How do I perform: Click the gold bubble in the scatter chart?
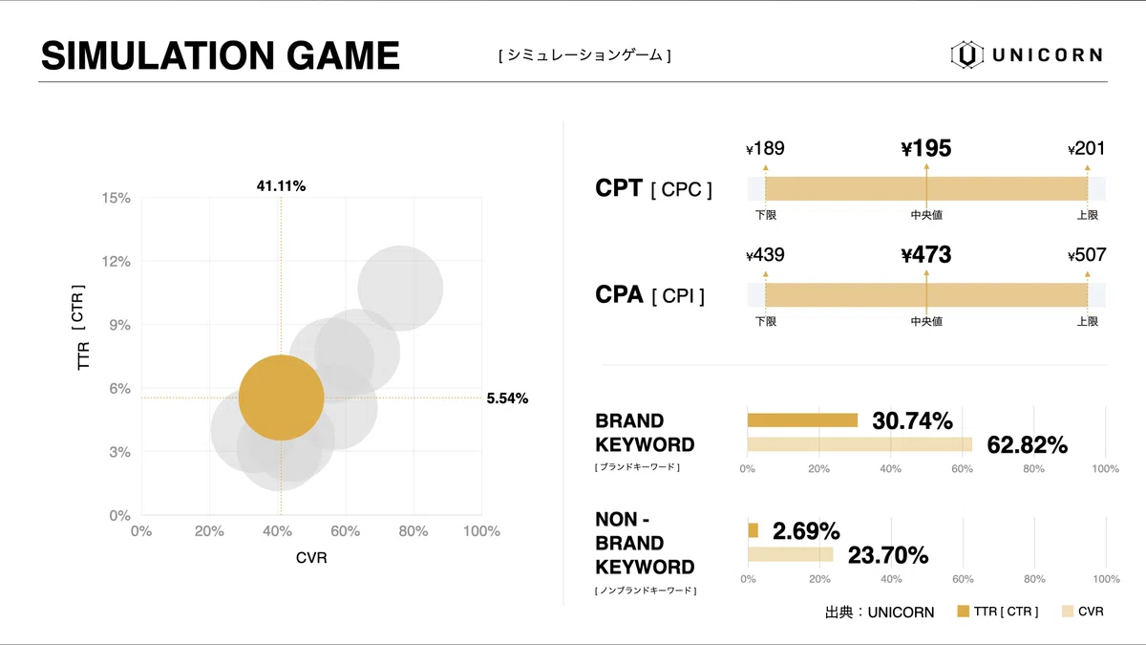click(281, 398)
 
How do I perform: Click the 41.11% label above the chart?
click(281, 186)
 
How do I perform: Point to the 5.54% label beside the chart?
click(507, 398)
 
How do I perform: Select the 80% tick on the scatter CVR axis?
click(413, 532)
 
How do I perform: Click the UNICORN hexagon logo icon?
click(966, 54)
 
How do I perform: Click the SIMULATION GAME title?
click(221, 55)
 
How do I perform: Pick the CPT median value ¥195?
click(925, 149)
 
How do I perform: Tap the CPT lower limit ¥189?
click(765, 149)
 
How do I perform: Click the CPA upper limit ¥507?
click(1087, 255)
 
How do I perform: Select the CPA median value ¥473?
click(925, 255)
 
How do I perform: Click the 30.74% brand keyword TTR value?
click(912, 420)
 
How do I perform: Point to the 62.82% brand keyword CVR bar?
click(859, 444)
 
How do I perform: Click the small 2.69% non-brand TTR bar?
click(753, 530)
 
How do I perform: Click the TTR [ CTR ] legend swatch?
click(963, 612)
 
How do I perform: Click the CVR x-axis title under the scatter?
click(311, 558)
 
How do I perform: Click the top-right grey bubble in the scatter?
click(400, 288)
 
